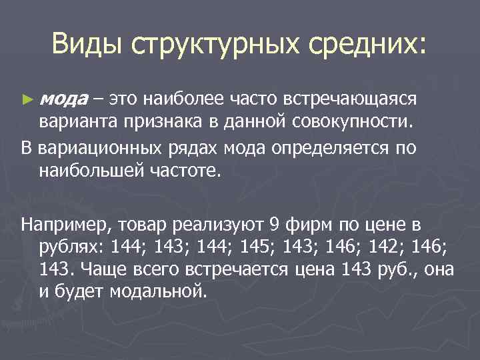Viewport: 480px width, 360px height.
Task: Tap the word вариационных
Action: [99, 147]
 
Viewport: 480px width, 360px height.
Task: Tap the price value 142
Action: [381, 246]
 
